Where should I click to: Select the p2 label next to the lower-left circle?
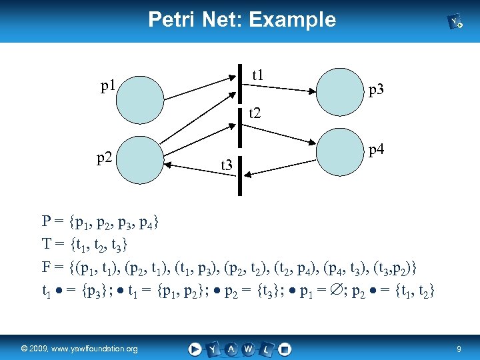tap(105, 158)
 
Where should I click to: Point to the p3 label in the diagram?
tap(376, 89)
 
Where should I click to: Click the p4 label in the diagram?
tap(376, 151)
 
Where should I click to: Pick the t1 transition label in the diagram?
tap(257, 76)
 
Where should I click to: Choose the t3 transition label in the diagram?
tap(227, 164)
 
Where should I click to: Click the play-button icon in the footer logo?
tap(195, 348)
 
